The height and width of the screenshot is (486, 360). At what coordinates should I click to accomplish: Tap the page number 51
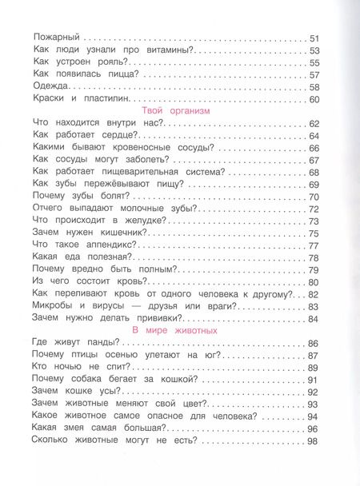314,38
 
